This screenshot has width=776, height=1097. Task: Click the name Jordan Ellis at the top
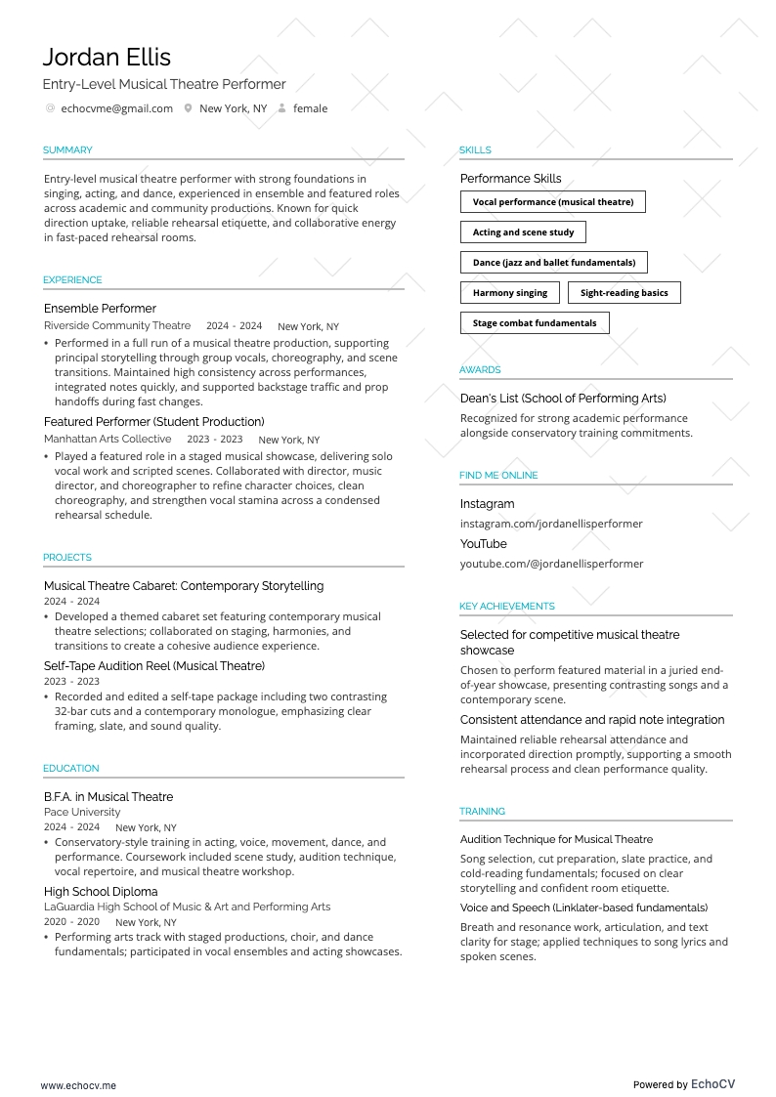click(107, 57)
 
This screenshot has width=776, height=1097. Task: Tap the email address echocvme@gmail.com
click(116, 108)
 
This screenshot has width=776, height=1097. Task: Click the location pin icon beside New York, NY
click(188, 108)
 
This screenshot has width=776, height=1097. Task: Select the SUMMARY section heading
click(67, 150)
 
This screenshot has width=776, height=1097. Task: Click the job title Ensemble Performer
click(100, 309)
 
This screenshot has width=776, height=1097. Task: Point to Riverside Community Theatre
click(117, 326)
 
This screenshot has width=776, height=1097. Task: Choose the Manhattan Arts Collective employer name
click(108, 440)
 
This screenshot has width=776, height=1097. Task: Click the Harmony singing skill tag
click(510, 293)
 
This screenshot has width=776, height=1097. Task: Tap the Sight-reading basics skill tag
click(625, 293)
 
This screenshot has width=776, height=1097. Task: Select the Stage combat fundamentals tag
click(535, 323)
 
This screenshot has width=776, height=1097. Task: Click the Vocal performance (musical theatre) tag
click(553, 202)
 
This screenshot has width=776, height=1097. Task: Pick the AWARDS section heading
click(480, 370)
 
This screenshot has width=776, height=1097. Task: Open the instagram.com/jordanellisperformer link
click(551, 524)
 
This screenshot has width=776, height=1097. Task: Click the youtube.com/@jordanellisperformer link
click(551, 564)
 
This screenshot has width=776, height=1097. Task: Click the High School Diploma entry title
click(101, 892)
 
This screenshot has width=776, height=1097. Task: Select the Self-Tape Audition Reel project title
click(154, 666)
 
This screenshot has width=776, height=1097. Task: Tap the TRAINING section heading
click(483, 812)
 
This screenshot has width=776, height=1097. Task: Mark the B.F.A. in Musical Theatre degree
click(108, 797)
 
